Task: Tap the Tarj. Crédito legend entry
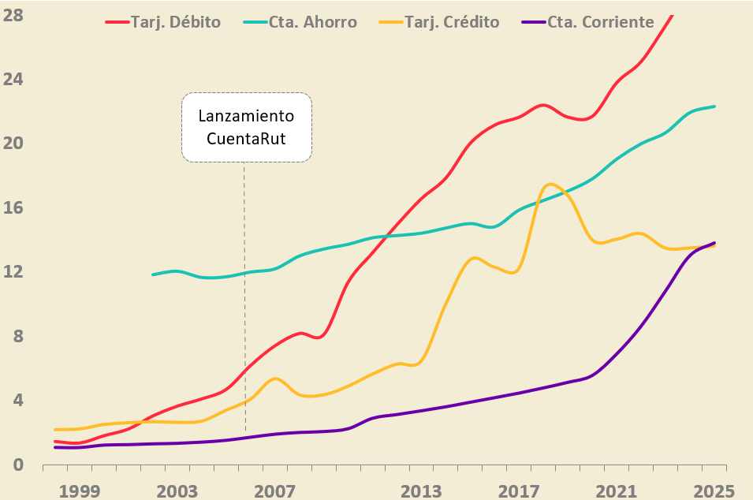(x=442, y=21)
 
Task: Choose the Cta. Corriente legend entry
(x=589, y=21)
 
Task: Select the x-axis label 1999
(x=79, y=491)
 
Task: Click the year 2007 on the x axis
(x=274, y=491)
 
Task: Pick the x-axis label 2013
(x=421, y=491)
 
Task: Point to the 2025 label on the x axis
(x=714, y=491)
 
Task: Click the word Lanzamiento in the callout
(x=246, y=116)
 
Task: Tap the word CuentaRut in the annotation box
(x=246, y=139)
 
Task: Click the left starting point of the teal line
(x=153, y=274)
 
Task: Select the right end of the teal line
(x=714, y=106)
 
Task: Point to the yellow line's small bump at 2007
(x=274, y=379)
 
